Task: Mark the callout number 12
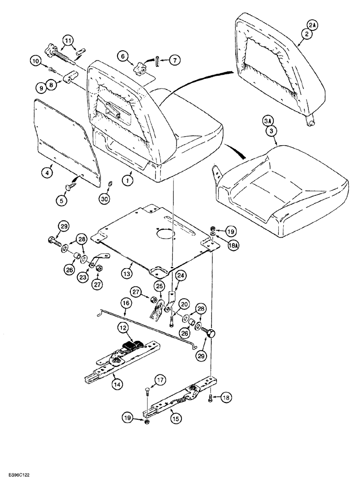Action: coord(122,327)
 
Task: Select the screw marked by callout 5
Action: coord(70,185)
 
